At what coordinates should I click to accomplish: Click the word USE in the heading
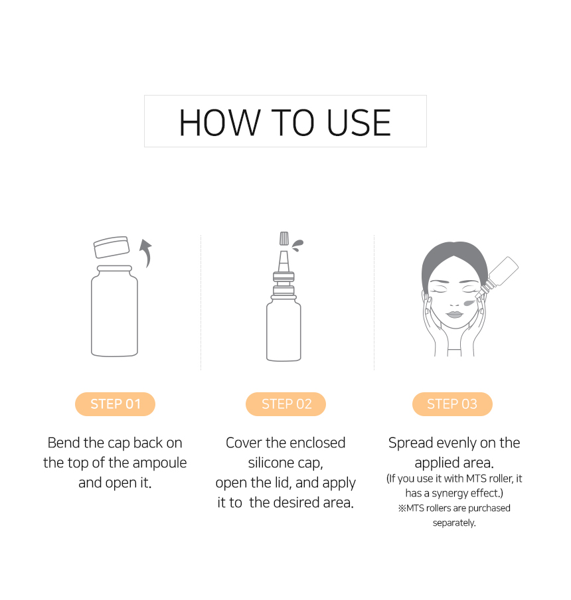click(x=359, y=123)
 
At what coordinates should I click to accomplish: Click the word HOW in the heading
click(x=220, y=123)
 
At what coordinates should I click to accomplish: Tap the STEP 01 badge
click(x=115, y=404)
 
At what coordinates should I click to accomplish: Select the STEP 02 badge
click(x=286, y=404)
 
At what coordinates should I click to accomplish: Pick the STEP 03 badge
click(x=452, y=404)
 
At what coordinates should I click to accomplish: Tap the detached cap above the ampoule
click(x=112, y=247)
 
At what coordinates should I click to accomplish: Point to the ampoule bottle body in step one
click(x=114, y=311)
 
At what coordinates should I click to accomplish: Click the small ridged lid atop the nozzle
click(x=284, y=238)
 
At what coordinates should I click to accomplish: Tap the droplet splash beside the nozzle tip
click(x=297, y=244)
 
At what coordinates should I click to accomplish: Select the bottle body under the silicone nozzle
click(x=284, y=329)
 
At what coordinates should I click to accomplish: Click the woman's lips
click(x=455, y=315)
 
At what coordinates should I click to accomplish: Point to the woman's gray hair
click(x=454, y=260)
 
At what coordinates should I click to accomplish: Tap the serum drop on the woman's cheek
click(x=469, y=303)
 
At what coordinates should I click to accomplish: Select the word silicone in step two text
click(x=271, y=463)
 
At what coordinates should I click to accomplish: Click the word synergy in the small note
click(x=449, y=494)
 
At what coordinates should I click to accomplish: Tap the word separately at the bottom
click(x=454, y=523)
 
